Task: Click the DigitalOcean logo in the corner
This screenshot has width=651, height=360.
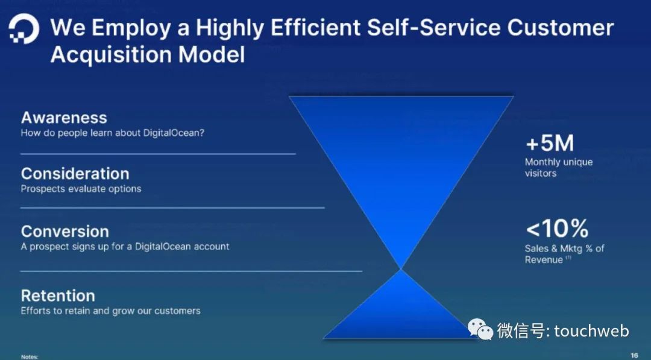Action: tap(24, 28)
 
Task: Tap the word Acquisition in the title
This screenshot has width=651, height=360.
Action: tap(113, 55)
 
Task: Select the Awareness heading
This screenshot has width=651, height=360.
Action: tap(64, 118)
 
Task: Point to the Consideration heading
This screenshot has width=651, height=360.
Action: tap(75, 174)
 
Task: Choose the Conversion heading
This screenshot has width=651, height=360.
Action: tap(64, 232)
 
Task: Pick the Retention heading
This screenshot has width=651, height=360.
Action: tap(58, 295)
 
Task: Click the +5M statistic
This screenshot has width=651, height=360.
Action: tap(550, 144)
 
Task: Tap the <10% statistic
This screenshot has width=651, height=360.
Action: tap(557, 229)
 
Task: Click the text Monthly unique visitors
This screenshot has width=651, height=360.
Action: tap(559, 167)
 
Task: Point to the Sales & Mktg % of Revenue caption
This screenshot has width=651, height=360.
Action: tap(565, 254)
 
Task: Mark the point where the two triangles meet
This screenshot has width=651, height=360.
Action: tap(401, 270)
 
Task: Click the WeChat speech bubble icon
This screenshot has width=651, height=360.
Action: tap(480, 329)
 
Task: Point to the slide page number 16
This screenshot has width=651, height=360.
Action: tap(634, 355)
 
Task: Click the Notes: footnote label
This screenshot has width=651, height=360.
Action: tap(29, 356)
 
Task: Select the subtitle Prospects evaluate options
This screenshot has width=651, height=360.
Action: tap(81, 189)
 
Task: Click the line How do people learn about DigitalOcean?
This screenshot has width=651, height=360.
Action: tap(113, 133)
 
